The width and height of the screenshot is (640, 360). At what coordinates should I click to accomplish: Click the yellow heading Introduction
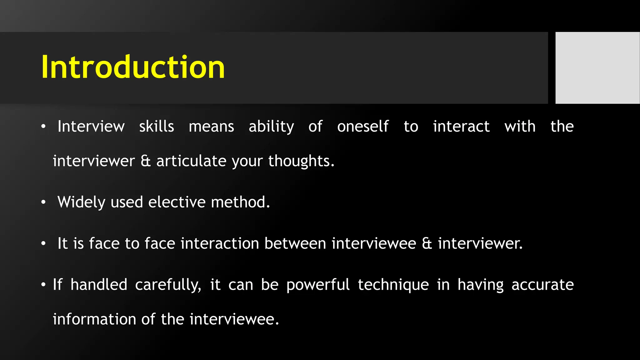[x=133, y=67]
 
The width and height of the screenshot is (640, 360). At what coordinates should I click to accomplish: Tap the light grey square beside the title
[x=597, y=67]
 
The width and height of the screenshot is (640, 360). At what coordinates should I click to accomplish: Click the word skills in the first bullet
[x=157, y=127]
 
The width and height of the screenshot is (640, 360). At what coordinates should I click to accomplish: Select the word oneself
[x=363, y=127]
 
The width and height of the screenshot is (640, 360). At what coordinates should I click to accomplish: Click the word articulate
[x=191, y=161]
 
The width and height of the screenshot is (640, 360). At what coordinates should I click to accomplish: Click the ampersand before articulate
[x=146, y=161]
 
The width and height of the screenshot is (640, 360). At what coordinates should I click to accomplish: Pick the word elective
[x=177, y=202]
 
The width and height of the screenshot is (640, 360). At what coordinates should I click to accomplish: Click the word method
[x=240, y=202]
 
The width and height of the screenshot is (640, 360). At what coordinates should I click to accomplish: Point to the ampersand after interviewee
[x=427, y=243]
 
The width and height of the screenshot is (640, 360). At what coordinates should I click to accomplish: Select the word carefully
[x=168, y=285]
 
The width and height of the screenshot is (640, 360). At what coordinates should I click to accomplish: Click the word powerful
[x=318, y=285]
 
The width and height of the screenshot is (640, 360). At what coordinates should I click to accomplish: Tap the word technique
[x=393, y=285]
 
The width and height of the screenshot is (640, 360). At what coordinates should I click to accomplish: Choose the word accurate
[x=542, y=285]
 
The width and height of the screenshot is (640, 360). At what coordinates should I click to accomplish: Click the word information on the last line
[x=94, y=319]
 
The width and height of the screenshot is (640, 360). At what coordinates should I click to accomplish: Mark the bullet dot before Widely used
[x=43, y=202]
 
